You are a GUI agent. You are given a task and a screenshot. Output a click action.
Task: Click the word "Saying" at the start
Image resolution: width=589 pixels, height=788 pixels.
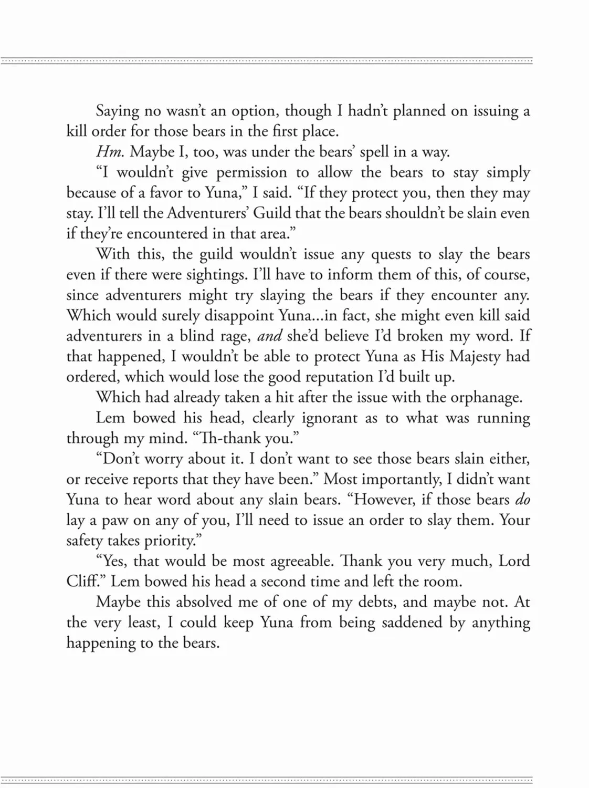click(118, 112)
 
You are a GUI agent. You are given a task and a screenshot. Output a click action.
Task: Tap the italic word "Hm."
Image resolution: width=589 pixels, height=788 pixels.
click(110, 152)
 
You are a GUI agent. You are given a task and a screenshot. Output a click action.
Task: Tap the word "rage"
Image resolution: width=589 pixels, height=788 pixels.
click(235, 337)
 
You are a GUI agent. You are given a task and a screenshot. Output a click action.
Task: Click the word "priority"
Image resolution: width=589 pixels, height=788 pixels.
click(169, 541)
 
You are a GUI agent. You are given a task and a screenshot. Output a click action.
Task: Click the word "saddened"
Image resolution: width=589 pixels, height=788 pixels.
click(412, 623)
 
